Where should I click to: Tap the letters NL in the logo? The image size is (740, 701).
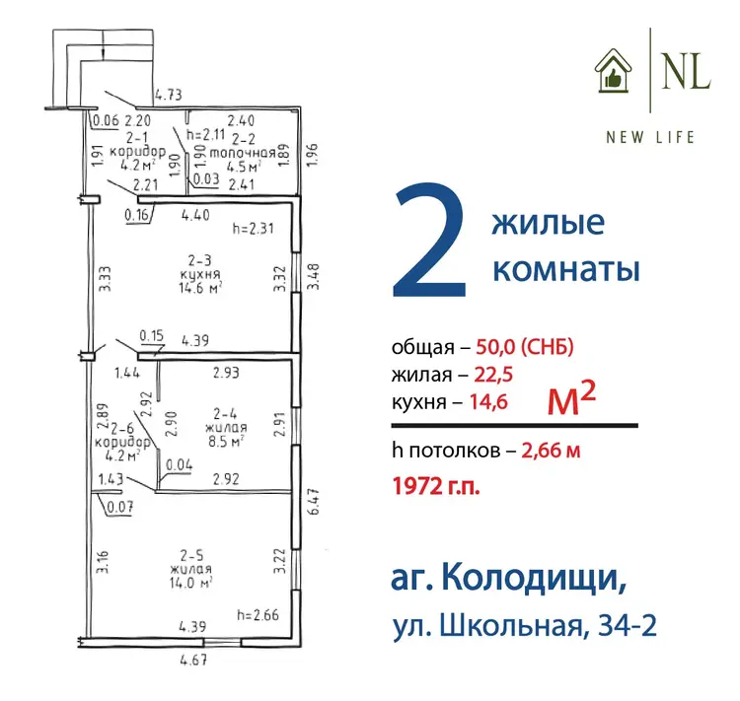[x=686, y=71]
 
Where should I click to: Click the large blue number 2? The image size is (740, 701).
[x=430, y=241]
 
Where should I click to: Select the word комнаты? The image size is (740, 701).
[x=566, y=269]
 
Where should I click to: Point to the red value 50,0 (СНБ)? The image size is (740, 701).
[x=525, y=347]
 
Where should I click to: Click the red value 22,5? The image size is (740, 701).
[x=493, y=375]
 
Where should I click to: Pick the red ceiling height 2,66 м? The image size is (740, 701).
[x=551, y=451]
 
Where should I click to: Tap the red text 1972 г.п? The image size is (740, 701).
[x=436, y=486]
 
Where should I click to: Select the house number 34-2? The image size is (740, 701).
[x=628, y=626]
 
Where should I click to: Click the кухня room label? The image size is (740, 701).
[x=200, y=274]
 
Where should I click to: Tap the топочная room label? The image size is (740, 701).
[x=243, y=153]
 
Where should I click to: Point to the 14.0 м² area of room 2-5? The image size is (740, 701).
[x=190, y=583]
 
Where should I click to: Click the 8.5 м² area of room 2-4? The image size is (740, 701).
[x=226, y=441]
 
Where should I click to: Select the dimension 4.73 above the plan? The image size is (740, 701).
[x=169, y=95]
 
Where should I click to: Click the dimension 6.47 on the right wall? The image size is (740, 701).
[x=315, y=502]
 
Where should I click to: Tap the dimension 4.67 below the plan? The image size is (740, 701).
[x=193, y=659]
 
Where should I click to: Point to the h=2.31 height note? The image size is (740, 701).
[x=253, y=229]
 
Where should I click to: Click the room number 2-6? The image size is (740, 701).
[x=122, y=428]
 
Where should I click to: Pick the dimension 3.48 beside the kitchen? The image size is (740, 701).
[x=314, y=276]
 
